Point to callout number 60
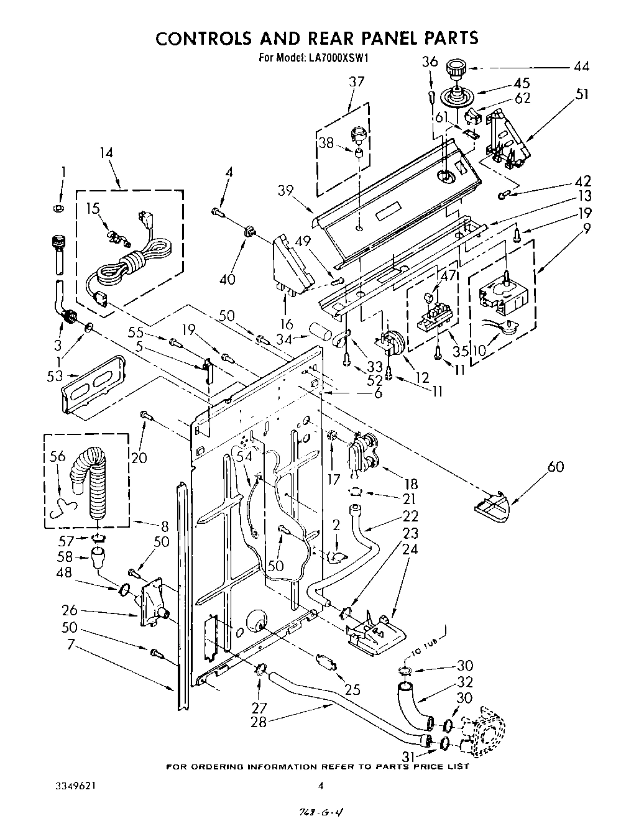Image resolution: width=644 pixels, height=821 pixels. click(x=555, y=466)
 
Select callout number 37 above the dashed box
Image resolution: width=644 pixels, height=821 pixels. click(x=356, y=81)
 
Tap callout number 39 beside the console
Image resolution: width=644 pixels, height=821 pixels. click(x=286, y=191)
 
